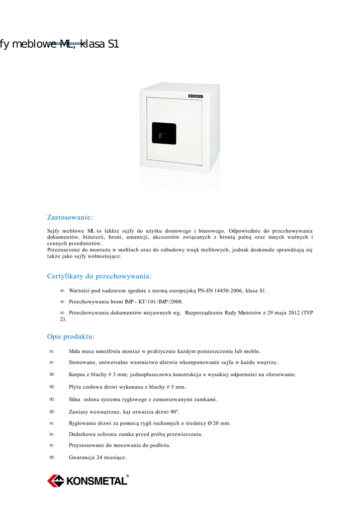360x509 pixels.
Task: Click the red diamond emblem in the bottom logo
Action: (x=56, y=481)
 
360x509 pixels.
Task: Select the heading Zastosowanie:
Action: (x=70, y=217)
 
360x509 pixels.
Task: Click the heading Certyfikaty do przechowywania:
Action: (x=99, y=276)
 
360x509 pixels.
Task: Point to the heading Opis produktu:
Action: (x=71, y=337)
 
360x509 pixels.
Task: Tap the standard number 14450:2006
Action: (x=229, y=290)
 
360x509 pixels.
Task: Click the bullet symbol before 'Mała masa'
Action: (x=51, y=351)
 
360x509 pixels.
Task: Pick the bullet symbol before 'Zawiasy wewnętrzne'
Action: (x=51, y=412)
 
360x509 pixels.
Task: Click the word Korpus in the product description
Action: (x=79, y=374)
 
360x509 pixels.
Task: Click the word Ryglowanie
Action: (x=85, y=423)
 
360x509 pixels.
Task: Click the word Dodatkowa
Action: (x=83, y=434)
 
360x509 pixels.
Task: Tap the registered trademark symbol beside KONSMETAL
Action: (x=127, y=476)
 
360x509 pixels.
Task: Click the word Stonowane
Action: (x=83, y=362)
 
